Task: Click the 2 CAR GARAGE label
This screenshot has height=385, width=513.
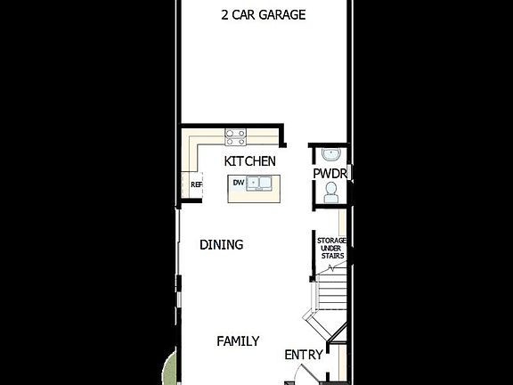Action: point(263,15)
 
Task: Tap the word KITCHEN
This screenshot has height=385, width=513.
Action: point(249,161)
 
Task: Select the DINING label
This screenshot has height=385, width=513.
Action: point(221,245)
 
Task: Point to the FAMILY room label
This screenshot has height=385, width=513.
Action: point(239,341)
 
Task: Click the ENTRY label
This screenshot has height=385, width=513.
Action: point(303,355)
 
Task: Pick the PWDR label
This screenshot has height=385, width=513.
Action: point(330,173)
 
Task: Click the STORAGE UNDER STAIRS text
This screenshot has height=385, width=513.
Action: point(330,249)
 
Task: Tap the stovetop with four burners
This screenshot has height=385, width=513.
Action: point(236,137)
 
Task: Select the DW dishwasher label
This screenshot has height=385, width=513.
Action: point(238,183)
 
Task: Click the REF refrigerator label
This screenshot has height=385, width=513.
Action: point(197,184)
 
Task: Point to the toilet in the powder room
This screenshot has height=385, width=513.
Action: point(331,192)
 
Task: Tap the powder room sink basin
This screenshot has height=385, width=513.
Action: point(330,154)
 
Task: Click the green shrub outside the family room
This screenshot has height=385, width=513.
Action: point(170,367)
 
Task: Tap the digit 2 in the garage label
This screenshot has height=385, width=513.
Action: point(224,15)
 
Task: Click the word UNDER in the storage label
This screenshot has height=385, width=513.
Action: point(330,249)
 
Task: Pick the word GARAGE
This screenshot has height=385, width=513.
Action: point(283,15)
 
